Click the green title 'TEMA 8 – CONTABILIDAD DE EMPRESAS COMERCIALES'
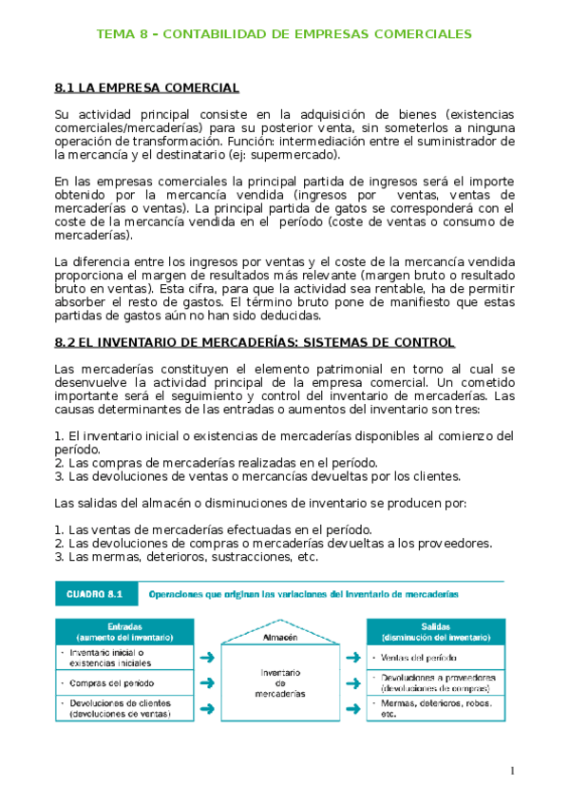coord(284,34)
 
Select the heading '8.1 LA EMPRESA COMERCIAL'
coord(147,88)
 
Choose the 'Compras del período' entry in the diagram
coord(114,682)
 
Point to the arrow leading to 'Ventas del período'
coord(353,657)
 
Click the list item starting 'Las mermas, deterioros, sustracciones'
coord(185,557)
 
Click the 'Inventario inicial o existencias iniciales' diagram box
coord(114,657)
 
